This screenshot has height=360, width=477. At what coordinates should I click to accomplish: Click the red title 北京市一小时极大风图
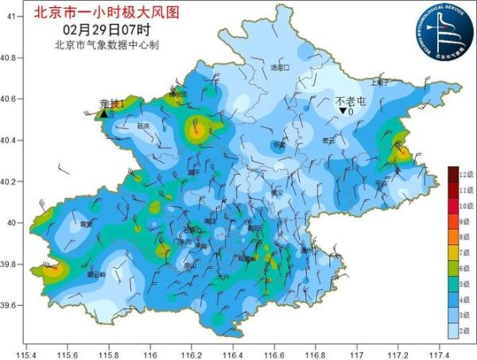pyautogui.click(x=106, y=12)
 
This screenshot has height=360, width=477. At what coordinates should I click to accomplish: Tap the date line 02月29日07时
pyautogui.click(x=106, y=29)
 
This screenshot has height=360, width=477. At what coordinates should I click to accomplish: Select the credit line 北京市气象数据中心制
pyautogui.click(x=106, y=45)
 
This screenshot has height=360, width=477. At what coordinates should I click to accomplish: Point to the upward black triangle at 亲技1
pyautogui.click(x=103, y=115)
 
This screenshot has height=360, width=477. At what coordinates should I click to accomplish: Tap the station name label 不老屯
pyautogui.click(x=350, y=101)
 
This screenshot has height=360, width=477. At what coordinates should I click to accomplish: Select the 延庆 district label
pyautogui.click(x=144, y=126)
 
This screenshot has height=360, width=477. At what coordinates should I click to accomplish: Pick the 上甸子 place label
pyautogui.click(x=380, y=82)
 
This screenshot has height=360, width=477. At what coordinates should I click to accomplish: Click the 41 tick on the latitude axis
pyautogui.click(x=11, y=16)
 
